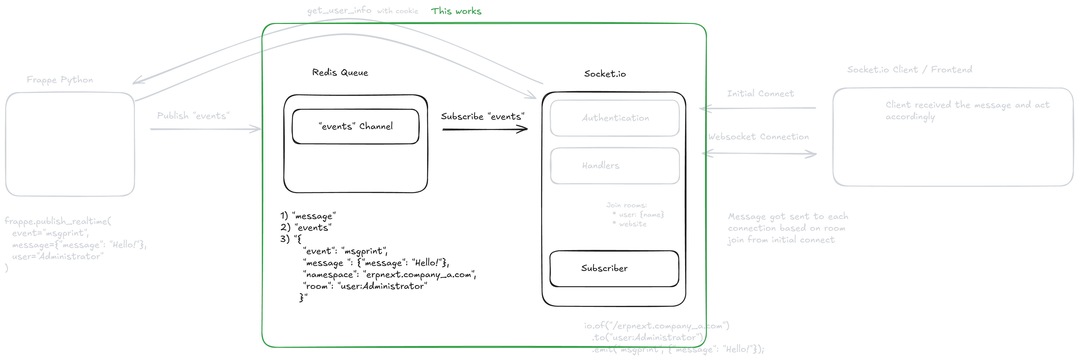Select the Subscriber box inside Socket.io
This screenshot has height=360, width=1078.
tap(614, 268)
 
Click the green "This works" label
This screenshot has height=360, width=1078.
tap(456, 11)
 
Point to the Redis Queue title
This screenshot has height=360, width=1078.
tap(340, 72)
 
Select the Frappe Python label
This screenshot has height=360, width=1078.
tap(60, 80)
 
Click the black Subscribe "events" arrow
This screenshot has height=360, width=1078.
tap(485, 129)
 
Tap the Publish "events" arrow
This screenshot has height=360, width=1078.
tap(205, 129)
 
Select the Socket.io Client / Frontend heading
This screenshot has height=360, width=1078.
tap(909, 70)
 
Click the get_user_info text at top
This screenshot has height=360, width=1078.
tap(339, 11)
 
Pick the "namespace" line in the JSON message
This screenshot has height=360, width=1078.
tap(389, 275)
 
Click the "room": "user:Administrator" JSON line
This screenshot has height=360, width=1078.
tap(365, 286)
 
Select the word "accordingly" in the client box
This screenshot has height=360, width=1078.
tap(910, 117)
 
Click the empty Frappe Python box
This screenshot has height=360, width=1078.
tap(70, 145)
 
